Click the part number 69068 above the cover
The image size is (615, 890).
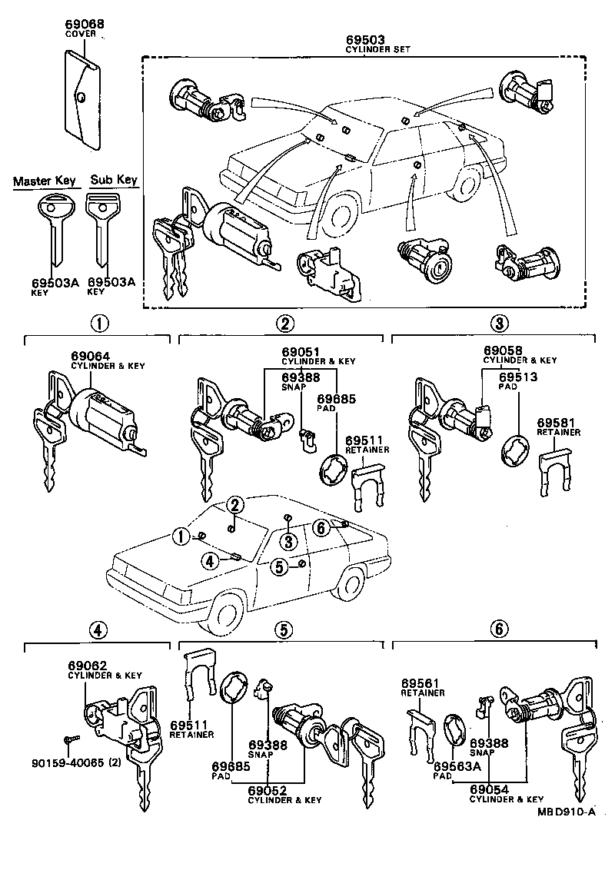click(x=85, y=23)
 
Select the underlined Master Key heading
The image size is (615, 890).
click(x=45, y=181)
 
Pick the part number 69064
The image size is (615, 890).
click(x=91, y=356)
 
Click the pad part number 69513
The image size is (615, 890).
click(x=519, y=377)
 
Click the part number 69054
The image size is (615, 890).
click(x=490, y=789)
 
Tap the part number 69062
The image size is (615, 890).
click(x=87, y=665)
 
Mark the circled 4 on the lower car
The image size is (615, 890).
click(x=210, y=561)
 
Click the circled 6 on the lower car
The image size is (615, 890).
click(x=322, y=526)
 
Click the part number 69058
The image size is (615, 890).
click(x=503, y=350)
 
